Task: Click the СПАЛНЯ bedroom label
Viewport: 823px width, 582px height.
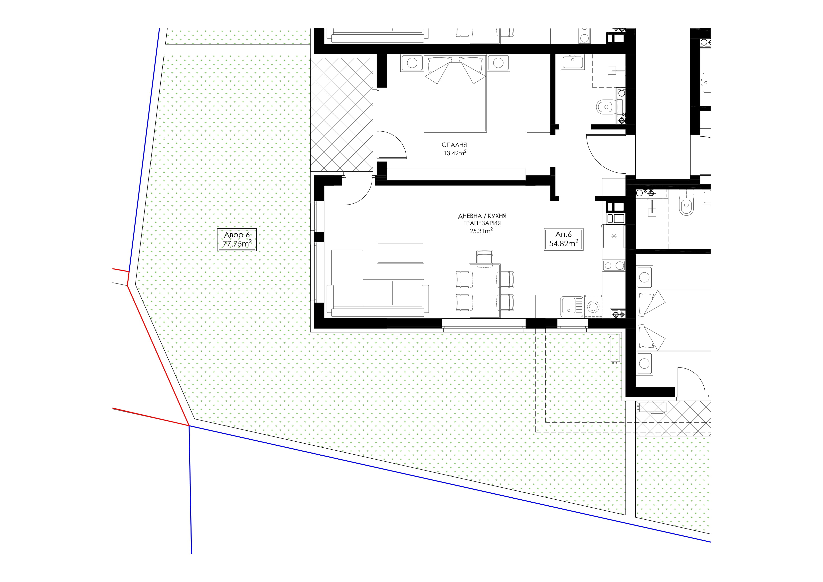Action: point(454,145)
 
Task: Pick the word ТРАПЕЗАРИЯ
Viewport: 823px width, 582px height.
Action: point(482,223)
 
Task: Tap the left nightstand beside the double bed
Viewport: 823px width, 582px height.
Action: point(412,63)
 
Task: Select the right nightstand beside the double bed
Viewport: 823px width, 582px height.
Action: point(498,63)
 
